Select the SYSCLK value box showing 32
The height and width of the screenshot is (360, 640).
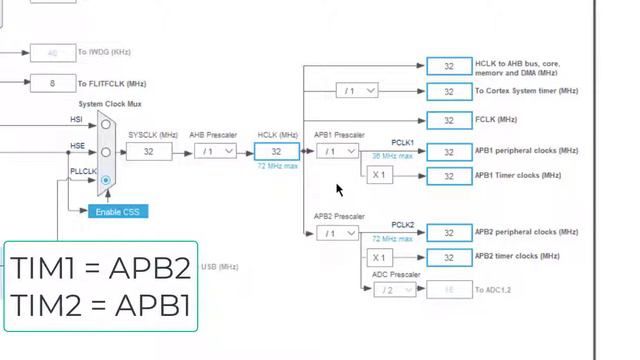[x=148, y=151]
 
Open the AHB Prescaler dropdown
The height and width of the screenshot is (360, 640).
[x=215, y=151]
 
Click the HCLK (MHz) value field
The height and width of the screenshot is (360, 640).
[x=277, y=151]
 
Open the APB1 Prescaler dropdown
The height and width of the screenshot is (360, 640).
[x=337, y=151]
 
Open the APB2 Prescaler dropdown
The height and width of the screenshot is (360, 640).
[x=337, y=233]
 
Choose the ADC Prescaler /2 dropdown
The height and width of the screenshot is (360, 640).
[x=395, y=290]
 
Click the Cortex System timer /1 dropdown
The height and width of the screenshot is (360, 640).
[x=357, y=91]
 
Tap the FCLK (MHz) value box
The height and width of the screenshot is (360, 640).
[x=448, y=120]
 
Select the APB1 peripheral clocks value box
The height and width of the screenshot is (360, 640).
[x=448, y=151]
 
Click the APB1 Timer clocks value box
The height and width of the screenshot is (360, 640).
[x=448, y=176]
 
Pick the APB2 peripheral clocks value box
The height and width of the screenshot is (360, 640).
[x=448, y=233]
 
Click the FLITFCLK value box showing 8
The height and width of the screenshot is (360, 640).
[x=53, y=83]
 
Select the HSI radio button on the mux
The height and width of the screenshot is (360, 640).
[x=105, y=124]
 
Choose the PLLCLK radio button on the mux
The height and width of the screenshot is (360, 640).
[x=105, y=179]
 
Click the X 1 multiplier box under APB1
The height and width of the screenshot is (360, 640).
[x=378, y=175]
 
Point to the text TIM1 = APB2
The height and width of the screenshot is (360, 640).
[x=100, y=268]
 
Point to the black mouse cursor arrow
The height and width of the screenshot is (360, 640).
[x=339, y=189]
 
